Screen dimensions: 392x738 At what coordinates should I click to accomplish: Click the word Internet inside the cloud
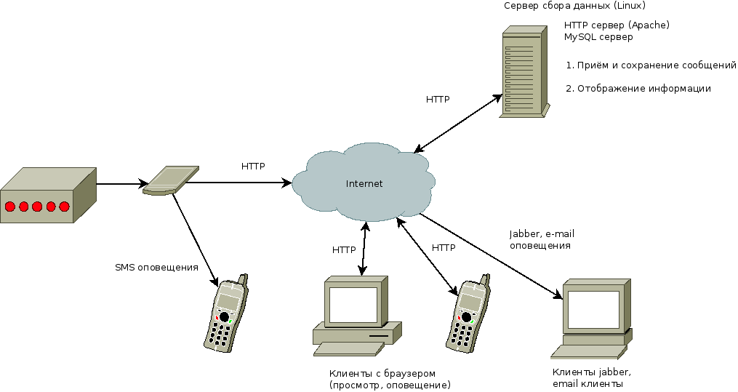(x=364, y=183)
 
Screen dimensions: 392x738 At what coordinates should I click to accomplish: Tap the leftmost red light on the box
(x=9, y=207)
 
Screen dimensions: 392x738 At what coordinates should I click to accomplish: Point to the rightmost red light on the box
(x=64, y=207)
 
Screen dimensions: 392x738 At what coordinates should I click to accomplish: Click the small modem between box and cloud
(x=170, y=181)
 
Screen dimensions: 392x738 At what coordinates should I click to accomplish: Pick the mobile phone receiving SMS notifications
(x=226, y=314)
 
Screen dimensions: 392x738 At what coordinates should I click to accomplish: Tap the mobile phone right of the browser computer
(x=465, y=314)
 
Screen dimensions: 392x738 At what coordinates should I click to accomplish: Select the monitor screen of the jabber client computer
(x=593, y=308)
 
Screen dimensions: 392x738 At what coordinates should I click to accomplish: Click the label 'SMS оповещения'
(x=156, y=267)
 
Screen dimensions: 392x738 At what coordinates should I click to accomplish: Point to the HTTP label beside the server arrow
(x=438, y=99)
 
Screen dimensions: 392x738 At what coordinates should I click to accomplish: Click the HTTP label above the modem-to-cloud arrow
(x=253, y=166)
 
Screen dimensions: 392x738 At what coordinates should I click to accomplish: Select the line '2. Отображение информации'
(x=638, y=89)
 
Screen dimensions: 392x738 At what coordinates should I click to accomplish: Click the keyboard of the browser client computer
(x=348, y=349)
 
